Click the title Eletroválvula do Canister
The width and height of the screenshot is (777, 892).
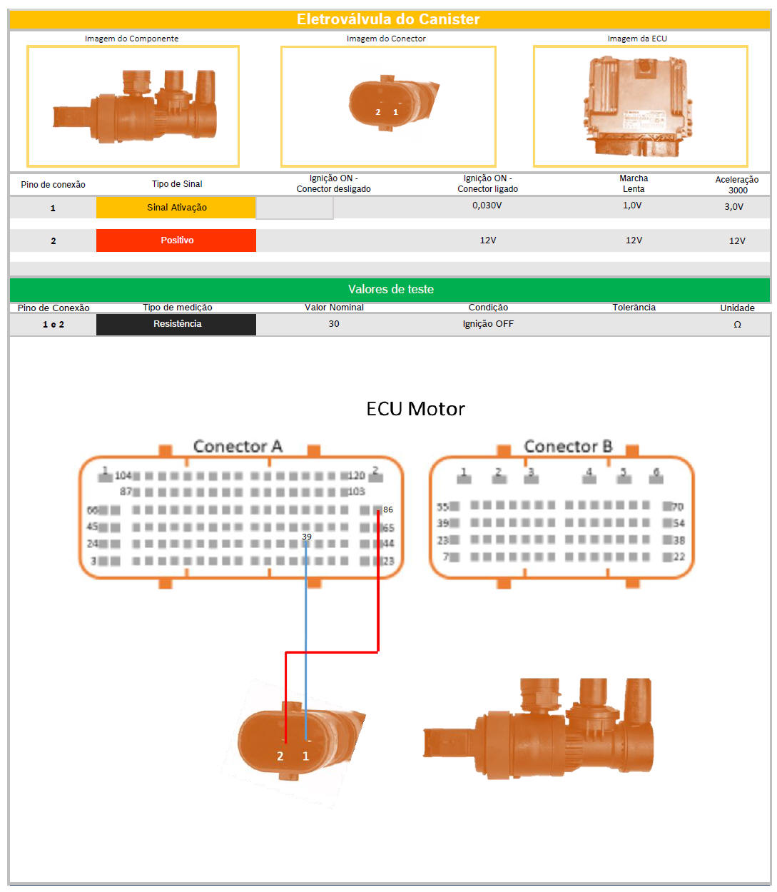coord(388,19)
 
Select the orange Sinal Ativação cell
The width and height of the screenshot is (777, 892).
coord(176,208)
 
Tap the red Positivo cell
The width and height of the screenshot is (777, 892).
coord(176,240)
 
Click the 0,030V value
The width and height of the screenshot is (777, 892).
coord(487,206)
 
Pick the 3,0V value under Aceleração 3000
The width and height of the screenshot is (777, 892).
coord(733,207)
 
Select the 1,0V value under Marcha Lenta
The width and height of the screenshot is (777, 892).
coord(632,206)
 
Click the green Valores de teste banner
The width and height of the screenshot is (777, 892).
coord(390,289)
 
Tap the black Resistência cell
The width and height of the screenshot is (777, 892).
coord(176,324)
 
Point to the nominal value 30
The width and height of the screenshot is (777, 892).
coord(334,324)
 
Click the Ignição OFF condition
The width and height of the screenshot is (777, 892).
coord(488,324)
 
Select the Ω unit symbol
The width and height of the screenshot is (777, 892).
coord(737,325)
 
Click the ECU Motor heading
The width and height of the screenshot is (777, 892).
coord(415,409)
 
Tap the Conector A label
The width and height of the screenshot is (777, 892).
coord(238,447)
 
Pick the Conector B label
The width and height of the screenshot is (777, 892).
coord(568,447)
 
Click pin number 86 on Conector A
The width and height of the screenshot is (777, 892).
coord(387,510)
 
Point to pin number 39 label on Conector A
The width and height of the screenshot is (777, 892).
coord(307,537)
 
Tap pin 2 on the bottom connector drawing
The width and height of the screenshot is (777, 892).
coord(280,756)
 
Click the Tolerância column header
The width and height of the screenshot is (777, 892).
coord(634,308)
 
